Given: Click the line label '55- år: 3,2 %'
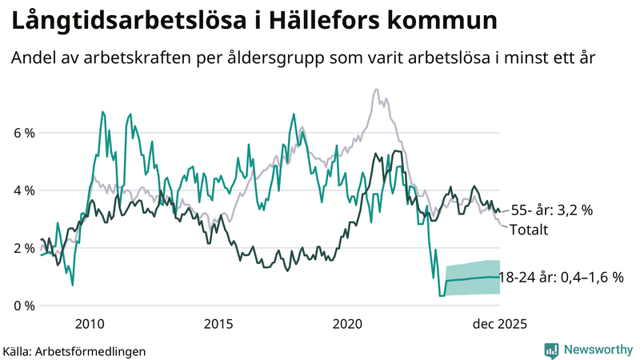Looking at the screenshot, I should (x=551, y=210).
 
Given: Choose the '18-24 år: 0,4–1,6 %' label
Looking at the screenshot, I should (x=560, y=278).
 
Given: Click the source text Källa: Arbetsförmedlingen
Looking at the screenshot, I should (x=75, y=350).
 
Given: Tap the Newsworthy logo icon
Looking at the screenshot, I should (x=551, y=350).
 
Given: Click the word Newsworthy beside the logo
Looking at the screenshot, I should (x=598, y=350).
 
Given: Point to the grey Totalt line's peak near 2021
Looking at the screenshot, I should (x=376, y=90).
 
